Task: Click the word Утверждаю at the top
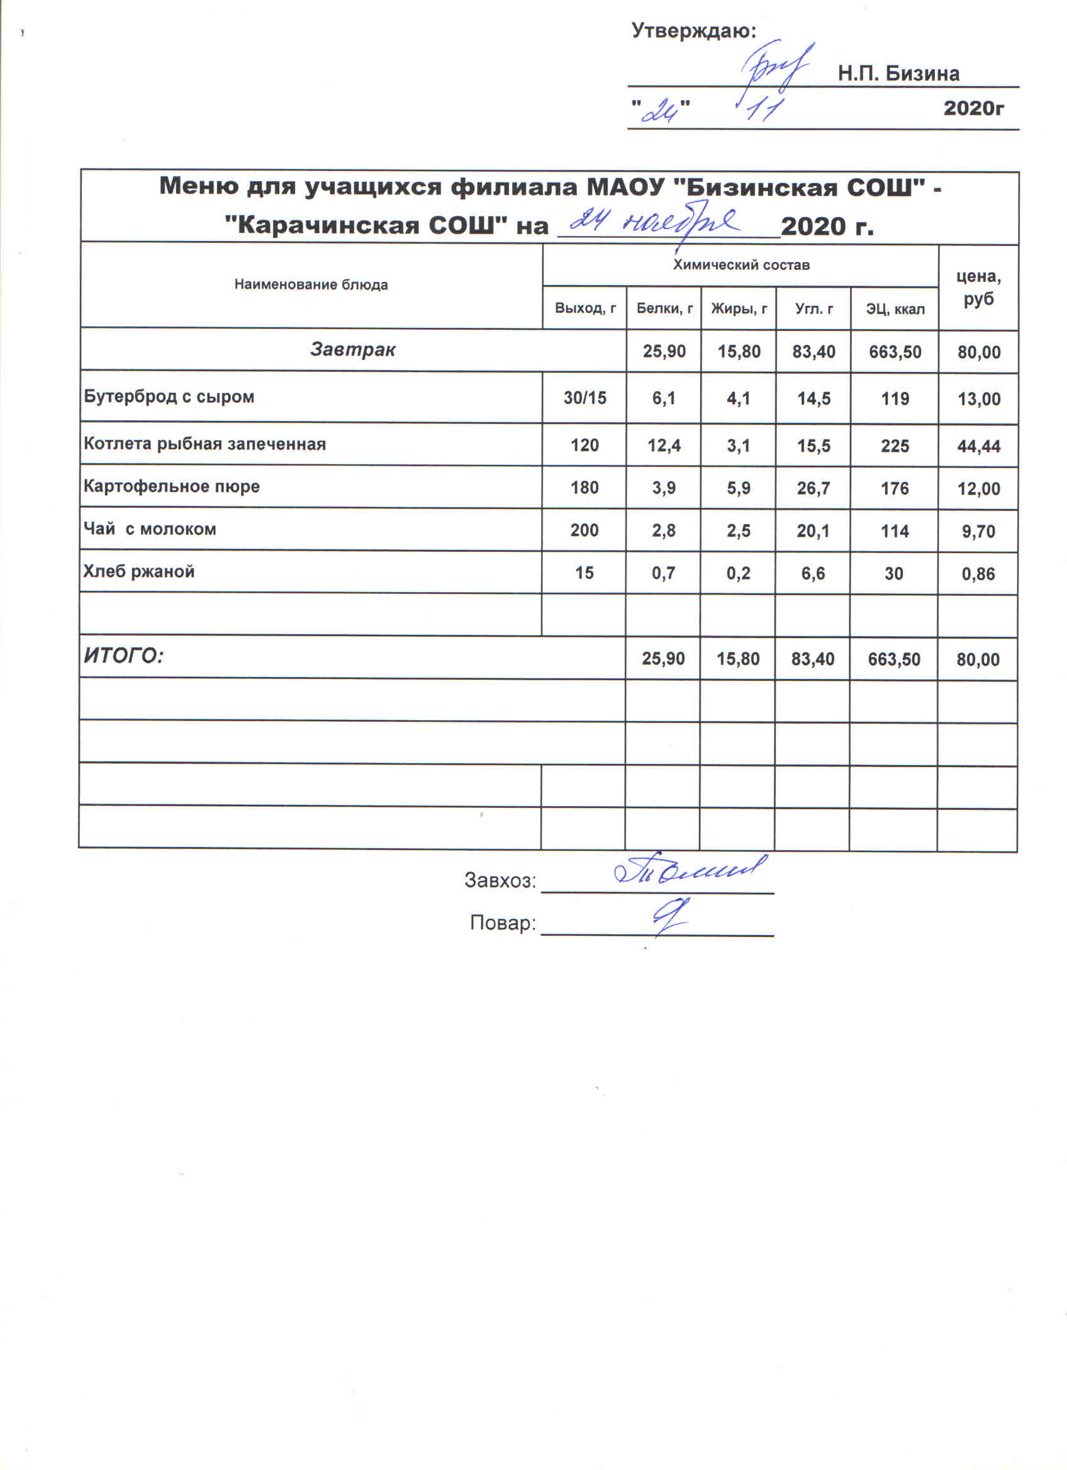pyautogui.click(x=693, y=30)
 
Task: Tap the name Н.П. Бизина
pyautogui.click(x=898, y=74)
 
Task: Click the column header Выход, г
pyautogui.click(x=585, y=308)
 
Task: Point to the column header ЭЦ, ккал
pyautogui.click(x=895, y=309)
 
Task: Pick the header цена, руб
pyautogui.click(x=978, y=288)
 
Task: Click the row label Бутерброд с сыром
pyautogui.click(x=169, y=396)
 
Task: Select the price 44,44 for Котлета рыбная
pyautogui.click(x=978, y=446)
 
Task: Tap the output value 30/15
pyautogui.click(x=584, y=398)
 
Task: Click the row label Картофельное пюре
pyautogui.click(x=172, y=486)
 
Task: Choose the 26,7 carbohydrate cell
pyautogui.click(x=813, y=488)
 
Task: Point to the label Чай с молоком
pyautogui.click(x=150, y=529)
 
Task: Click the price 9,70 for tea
pyautogui.click(x=978, y=532)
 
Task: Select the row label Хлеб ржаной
pyautogui.click(x=138, y=571)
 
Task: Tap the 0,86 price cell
pyautogui.click(x=978, y=574)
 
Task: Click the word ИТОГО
pyautogui.click(x=124, y=656)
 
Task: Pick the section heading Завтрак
pyautogui.click(x=352, y=350)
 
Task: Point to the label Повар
pyautogui.click(x=503, y=923)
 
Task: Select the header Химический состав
pyautogui.click(x=740, y=265)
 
